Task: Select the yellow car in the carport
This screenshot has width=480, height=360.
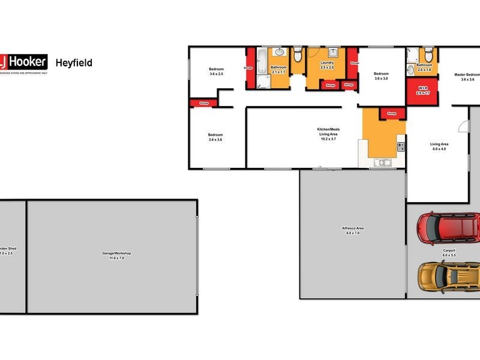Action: tap(448, 275)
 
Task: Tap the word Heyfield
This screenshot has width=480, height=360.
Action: tap(74, 62)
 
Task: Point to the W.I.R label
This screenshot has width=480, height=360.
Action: tap(424, 90)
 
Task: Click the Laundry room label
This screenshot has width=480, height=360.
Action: tap(327, 62)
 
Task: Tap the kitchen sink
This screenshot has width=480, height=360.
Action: tap(382, 162)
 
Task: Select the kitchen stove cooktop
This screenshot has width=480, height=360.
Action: tap(400, 146)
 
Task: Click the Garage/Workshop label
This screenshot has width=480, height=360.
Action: tap(116, 253)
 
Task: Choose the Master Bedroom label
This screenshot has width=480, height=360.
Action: tap(467, 74)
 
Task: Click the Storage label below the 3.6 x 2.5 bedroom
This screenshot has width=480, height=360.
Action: tap(203, 104)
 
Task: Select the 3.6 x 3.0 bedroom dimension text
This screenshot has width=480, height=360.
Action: tap(381, 79)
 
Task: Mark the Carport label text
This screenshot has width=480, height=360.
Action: tap(449, 250)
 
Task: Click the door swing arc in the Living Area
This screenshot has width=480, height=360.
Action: tap(462, 127)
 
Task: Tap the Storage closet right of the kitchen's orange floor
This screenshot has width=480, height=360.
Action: tap(392, 113)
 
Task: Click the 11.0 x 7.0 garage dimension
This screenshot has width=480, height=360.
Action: tap(116, 258)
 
